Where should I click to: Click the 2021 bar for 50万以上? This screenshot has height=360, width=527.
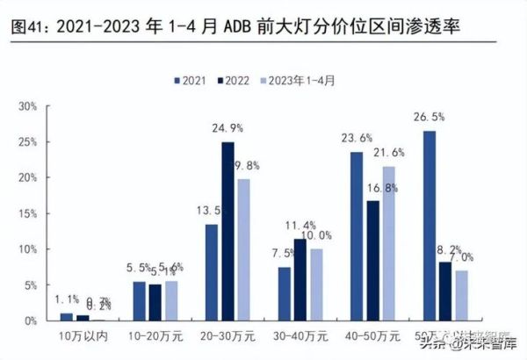point(430,226)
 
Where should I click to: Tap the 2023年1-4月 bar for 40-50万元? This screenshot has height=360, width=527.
point(387,243)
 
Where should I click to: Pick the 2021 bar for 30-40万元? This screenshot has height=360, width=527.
point(284,293)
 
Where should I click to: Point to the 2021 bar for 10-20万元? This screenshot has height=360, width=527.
point(139,300)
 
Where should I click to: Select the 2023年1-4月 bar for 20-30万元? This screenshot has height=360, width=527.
point(242,249)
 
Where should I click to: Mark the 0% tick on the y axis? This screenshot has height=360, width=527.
point(29,320)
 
